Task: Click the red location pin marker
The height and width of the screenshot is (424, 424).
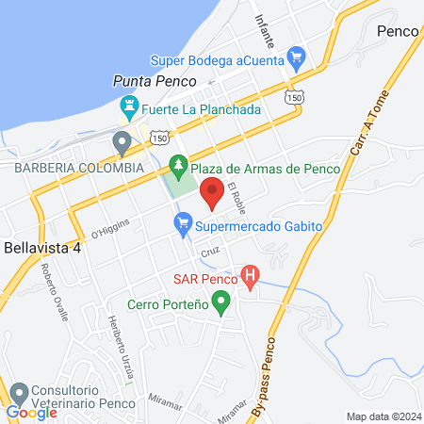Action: point(213,188)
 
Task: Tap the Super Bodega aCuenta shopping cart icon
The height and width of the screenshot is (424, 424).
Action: point(298,57)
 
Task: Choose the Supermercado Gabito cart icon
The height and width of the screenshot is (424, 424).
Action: point(182,224)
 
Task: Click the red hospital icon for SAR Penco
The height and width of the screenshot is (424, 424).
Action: point(250,277)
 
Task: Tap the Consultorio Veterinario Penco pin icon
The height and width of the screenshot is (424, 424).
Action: point(16,390)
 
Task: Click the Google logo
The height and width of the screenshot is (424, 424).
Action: point(32,413)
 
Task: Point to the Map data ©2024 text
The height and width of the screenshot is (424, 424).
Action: point(382,416)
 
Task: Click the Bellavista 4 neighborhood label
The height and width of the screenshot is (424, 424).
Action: point(42,248)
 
